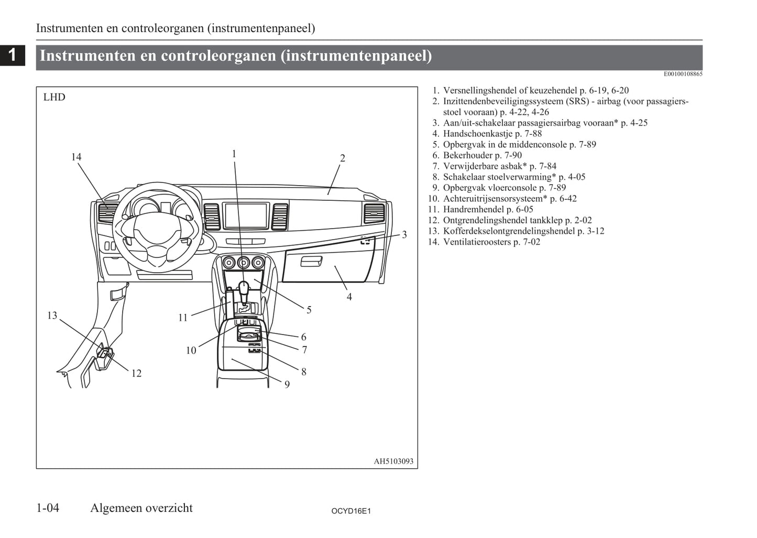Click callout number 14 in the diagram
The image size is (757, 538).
(x=76, y=157)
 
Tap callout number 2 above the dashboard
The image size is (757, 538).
(x=342, y=158)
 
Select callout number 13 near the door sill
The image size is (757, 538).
(x=52, y=316)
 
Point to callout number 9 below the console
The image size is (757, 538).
(x=287, y=384)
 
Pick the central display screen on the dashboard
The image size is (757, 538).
(x=246, y=216)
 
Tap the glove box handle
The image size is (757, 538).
(x=311, y=261)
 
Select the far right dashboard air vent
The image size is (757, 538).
(x=374, y=213)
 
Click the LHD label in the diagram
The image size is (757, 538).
(x=54, y=98)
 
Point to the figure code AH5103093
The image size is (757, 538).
(x=393, y=461)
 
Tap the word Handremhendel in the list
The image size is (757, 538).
(x=473, y=209)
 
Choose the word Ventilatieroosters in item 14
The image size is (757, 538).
(x=477, y=242)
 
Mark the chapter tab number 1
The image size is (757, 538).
(x=13, y=55)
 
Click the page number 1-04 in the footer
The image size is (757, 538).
(x=48, y=508)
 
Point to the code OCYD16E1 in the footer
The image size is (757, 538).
(x=351, y=511)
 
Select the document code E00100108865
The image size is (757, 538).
(x=683, y=74)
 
